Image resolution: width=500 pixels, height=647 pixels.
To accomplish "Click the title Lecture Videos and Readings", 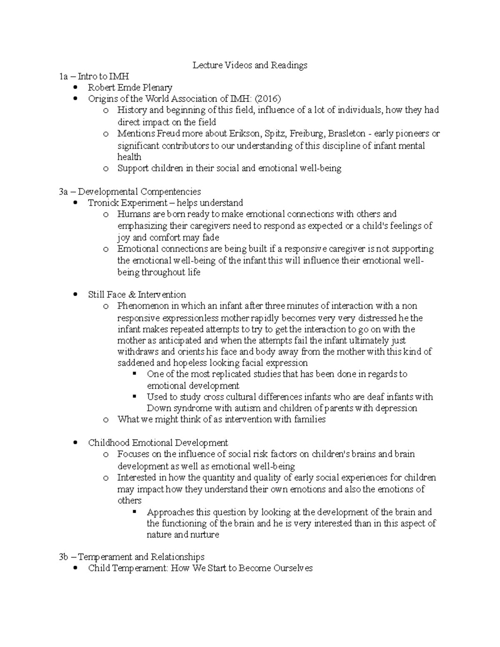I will [x=250, y=65].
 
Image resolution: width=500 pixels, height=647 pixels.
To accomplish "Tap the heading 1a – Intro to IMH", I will [x=94, y=76].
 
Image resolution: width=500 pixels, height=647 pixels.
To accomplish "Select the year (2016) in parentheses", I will [x=268, y=99].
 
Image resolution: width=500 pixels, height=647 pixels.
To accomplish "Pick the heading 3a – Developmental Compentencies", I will [x=130, y=192].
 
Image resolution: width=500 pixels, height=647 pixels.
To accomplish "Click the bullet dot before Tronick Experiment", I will [x=75, y=203].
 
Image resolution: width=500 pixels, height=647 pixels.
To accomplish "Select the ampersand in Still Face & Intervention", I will [x=132, y=295].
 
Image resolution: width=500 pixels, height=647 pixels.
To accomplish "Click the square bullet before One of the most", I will [x=134, y=374].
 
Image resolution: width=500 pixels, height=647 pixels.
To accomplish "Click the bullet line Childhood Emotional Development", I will [x=158, y=442].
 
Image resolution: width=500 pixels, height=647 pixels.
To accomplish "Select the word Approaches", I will [x=170, y=512].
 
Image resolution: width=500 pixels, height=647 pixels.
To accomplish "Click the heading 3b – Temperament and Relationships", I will [x=132, y=557].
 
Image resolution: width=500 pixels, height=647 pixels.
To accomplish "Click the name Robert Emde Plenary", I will [x=130, y=87].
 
